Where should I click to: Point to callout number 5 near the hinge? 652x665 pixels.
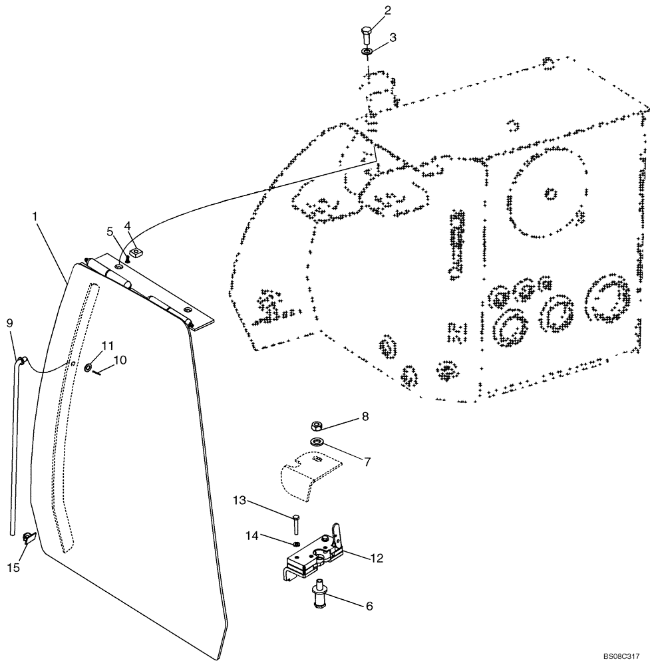click(x=110, y=232)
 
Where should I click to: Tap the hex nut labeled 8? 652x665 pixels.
click(x=318, y=426)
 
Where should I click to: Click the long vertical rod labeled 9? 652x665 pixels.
click(x=15, y=452)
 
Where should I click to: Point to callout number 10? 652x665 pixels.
click(x=120, y=360)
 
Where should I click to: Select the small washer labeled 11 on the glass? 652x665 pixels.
click(x=88, y=366)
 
